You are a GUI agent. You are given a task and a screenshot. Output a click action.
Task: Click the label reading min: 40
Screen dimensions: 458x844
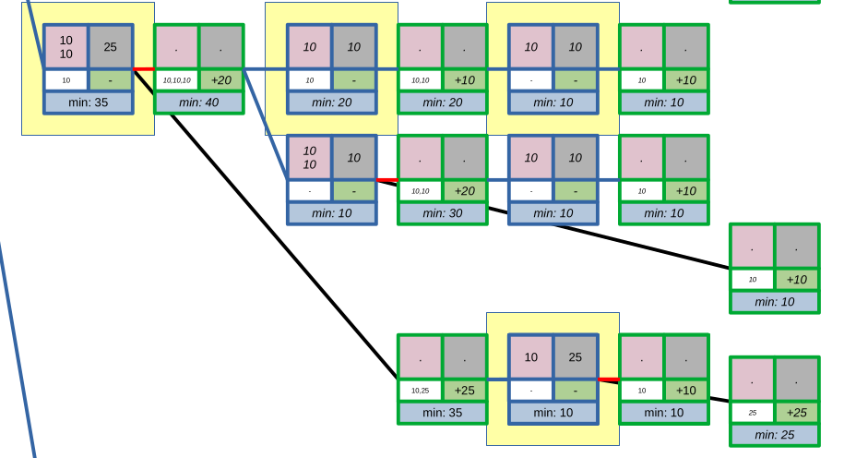[x=198, y=102]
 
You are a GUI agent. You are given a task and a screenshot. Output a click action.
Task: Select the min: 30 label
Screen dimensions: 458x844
[x=442, y=213]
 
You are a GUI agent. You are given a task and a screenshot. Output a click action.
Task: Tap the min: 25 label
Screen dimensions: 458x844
[x=774, y=435]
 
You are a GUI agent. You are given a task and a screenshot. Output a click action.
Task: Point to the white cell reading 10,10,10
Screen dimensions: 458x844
[x=176, y=80]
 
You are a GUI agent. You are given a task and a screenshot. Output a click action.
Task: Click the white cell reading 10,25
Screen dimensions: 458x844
[x=420, y=391]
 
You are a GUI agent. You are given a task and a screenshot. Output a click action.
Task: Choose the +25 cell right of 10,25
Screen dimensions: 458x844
[x=464, y=391]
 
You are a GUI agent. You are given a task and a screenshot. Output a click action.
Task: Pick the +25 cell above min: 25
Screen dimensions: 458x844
[x=796, y=413]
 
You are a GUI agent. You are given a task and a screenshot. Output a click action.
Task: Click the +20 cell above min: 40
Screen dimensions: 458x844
[x=220, y=80]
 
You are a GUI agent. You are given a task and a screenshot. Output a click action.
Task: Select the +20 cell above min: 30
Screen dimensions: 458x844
[x=464, y=191]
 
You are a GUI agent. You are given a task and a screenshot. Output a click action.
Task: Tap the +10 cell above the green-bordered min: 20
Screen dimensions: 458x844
[x=464, y=80]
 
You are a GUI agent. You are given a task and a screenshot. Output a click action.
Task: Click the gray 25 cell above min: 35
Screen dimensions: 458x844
[x=110, y=47]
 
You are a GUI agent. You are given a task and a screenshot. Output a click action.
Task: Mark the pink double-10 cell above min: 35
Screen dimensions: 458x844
[x=65, y=47]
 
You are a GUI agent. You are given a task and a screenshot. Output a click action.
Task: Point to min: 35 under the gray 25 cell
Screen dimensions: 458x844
[x=88, y=102]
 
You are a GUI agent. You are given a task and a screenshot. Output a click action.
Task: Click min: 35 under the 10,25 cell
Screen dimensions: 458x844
[x=442, y=413]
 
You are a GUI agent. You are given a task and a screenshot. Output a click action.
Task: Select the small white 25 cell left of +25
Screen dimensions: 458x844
[x=752, y=413]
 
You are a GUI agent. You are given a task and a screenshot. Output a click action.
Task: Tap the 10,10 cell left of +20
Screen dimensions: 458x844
[x=420, y=191]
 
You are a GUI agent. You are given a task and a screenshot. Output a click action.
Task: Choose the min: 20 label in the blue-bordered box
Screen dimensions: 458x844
[x=331, y=102]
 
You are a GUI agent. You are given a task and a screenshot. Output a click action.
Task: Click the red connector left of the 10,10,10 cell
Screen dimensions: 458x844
[x=143, y=68]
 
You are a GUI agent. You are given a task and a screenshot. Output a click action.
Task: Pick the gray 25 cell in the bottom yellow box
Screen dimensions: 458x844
[x=575, y=357]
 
